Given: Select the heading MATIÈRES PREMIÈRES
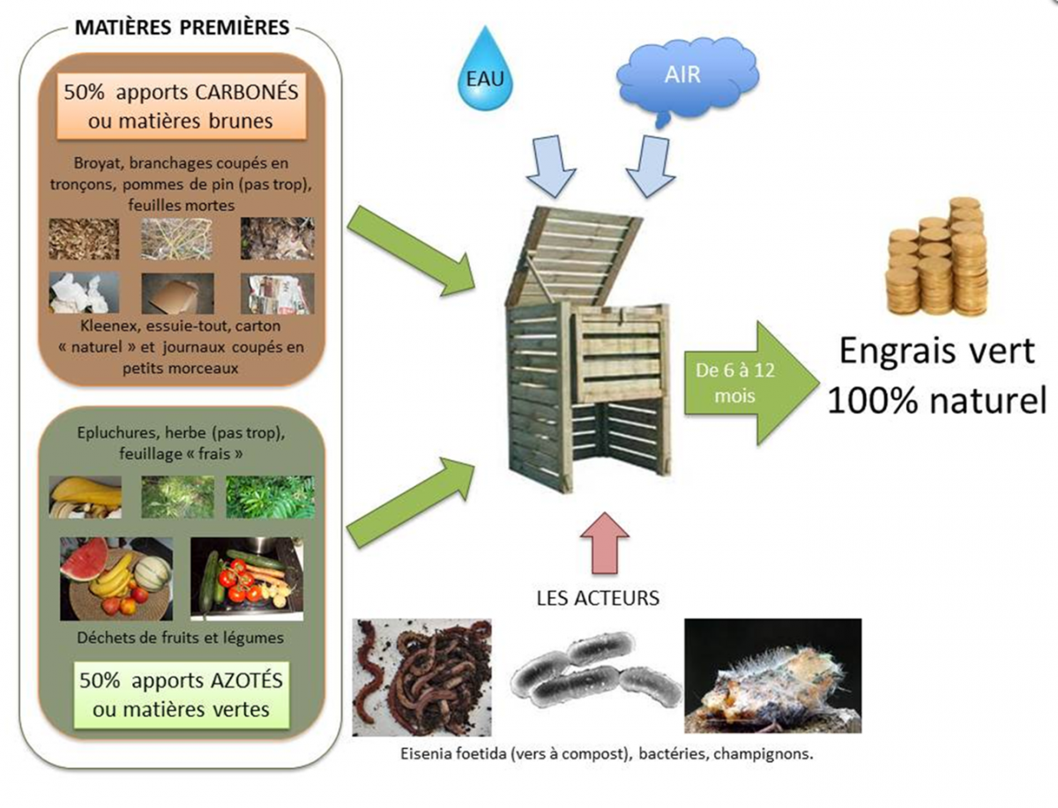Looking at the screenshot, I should tap(182, 27).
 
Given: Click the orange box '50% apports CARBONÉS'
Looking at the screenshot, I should tap(182, 106).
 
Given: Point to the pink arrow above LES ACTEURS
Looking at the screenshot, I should tap(605, 542).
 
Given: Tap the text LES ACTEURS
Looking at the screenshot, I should tap(597, 598).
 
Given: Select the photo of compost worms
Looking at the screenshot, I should tap(422, 676).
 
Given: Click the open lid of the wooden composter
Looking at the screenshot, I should tap(582, 251).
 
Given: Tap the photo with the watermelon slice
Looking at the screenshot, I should tap(115, 578).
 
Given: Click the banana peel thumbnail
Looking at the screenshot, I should tap(85, 497).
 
